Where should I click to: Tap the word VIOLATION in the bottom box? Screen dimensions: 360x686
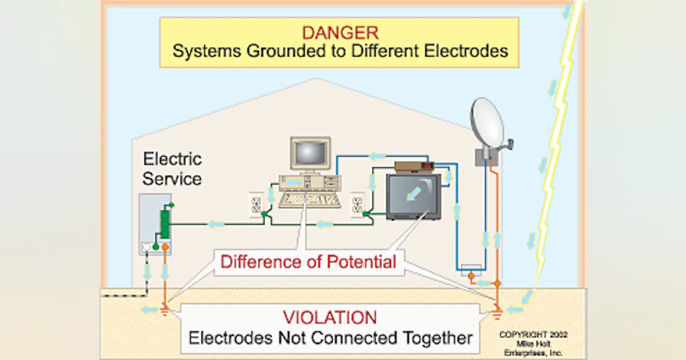click(330, 317)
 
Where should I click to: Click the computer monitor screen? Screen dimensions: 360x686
click(310, 152)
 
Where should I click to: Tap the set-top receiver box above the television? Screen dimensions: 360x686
click(414, 166)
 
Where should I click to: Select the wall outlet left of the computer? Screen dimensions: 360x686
click(256, 204)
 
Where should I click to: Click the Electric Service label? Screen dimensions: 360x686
click(172, 169)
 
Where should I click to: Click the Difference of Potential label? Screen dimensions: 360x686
click(308, 262)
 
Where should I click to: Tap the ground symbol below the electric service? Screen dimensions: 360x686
click(165, 311)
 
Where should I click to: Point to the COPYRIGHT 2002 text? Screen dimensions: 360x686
click(533, 335)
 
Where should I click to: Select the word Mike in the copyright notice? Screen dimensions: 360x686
click(523, 344)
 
